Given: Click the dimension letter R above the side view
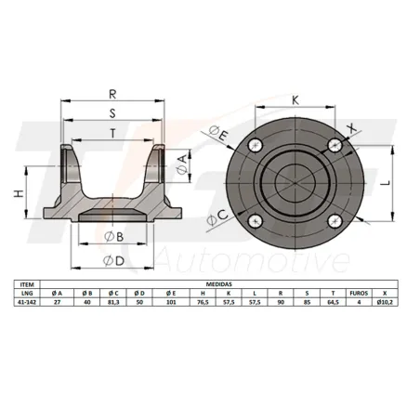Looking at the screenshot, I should click(112, 95).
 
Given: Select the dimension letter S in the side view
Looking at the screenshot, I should click(112, 114).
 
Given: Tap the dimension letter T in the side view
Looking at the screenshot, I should click(112, 132).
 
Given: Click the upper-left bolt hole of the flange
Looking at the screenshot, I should click(256, 145).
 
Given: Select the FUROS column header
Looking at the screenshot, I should click(359, 294).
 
